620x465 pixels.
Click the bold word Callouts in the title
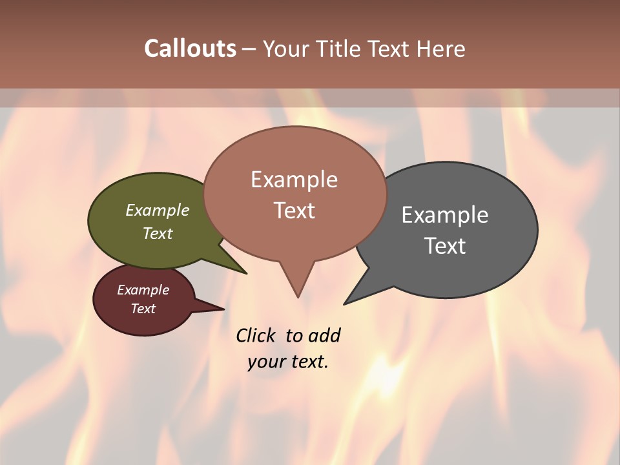(x=190, y=48)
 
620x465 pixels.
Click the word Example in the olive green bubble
(x=158, y=210)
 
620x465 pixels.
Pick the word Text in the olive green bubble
(x=158, y=233)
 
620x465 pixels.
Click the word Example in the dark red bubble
(x=143, y=290)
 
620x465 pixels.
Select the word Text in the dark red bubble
(x=143, y=309)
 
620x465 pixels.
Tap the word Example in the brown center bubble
(x=294, y=180)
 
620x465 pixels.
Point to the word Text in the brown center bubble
(x=294, y=211)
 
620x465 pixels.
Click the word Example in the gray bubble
(x=445, y=214)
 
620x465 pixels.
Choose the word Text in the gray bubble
(x=445, y=245)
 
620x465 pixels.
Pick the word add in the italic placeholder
(x=324, y=335)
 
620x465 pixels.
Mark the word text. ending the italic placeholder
(x=307, y=362)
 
